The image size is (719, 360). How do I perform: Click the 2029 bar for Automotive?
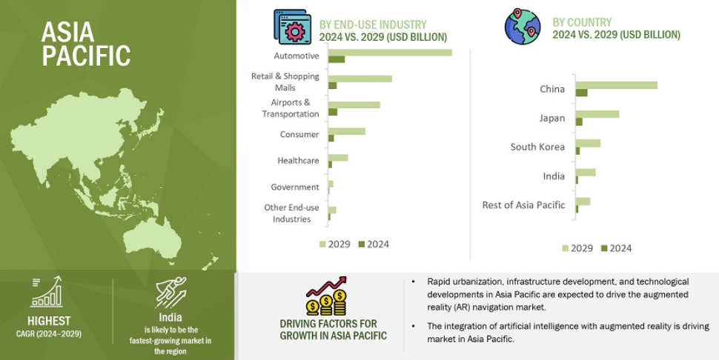[x=390, y=52]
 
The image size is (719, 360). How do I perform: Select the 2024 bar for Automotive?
[x=337, y=59]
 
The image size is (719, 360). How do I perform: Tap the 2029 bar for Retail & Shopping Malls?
[x=360, y=79]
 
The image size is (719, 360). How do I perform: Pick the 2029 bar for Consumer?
[x=347, y=131]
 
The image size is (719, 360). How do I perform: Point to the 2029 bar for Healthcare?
[x=338, y=158]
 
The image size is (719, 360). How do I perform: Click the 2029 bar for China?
[x=617, y=85]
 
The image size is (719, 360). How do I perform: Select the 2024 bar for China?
[x=581, y=93]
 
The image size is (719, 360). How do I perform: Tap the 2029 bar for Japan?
[x=597, y=114]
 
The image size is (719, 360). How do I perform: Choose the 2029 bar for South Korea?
[x=589, y=144]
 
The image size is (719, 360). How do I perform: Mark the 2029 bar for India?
[x=586, y=172]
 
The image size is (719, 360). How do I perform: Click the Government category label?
[x=295, y=187]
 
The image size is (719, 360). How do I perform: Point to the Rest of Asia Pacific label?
[x=523, y=204]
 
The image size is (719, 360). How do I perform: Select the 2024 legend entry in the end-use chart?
[x=374, y=244]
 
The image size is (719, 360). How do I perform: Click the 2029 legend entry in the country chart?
[x=577, y=248]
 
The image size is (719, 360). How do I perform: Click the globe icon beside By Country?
[x=523, y=26]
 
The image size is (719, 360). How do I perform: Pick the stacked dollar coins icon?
[x=326, y=302]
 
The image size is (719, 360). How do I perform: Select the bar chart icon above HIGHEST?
[x=47, y=292]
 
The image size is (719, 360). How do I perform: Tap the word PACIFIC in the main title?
[x=86, y=56]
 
